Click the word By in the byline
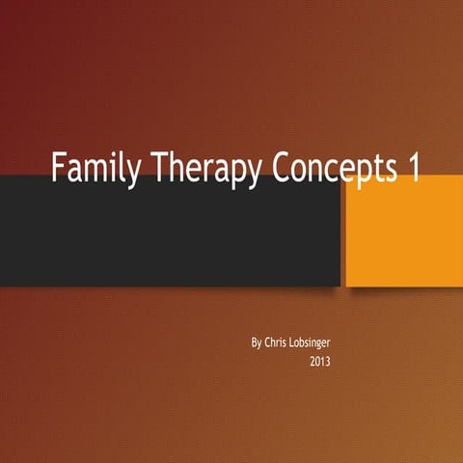[256, 342]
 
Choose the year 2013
[321, 364]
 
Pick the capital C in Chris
[268, 342]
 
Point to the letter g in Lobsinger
[338, 344]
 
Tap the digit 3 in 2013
[329, 364]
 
